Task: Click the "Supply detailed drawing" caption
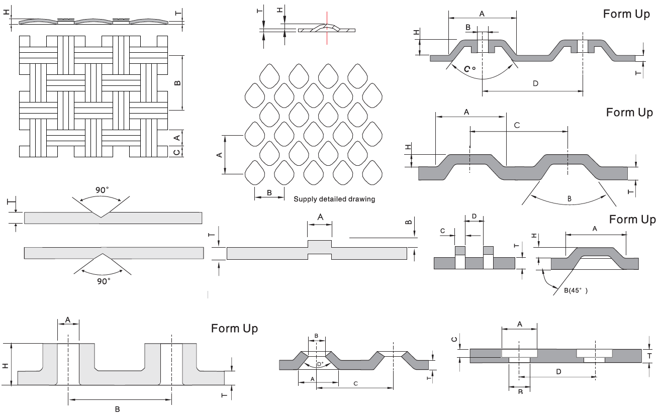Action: (334, 199)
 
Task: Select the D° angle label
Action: (320, 364)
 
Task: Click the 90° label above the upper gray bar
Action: (103, 190)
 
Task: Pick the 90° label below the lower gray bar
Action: (103, 281)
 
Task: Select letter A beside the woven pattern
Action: (176, 137)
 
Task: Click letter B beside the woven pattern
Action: (177, 82)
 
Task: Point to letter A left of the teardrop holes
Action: (219, 155)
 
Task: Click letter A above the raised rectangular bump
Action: (320, 217)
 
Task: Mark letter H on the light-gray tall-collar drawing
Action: (6, 365)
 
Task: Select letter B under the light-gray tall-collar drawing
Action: (117, 409)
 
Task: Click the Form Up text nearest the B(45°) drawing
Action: (632, 220)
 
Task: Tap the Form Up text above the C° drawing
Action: (626, 14)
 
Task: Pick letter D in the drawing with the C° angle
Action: (535, 83)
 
